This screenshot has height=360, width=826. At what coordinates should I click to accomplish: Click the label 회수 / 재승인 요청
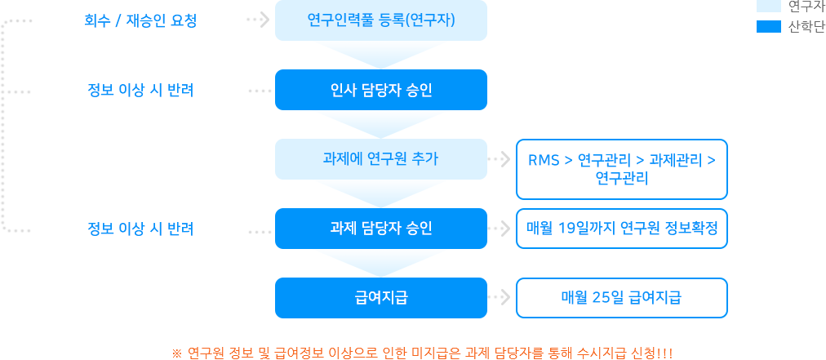click(x=140, y=20)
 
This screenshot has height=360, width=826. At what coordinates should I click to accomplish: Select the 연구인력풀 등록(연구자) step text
click(x=380, y=20)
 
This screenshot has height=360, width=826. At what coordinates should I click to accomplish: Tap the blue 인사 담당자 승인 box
click(x=380, y=89)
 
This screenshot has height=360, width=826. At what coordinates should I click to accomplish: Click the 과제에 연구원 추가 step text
click(x=380, y=158)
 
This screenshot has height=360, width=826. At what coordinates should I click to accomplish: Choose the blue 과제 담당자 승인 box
click(x=380, y=228)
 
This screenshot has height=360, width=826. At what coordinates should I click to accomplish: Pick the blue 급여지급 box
click(x=380, y=297)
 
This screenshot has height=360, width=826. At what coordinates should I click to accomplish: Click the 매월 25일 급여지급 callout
click(x=620, y=297)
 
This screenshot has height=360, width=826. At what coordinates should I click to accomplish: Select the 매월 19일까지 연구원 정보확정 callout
click(x=620, y=228)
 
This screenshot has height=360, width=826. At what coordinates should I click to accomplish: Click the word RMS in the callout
click(x=543, y=159)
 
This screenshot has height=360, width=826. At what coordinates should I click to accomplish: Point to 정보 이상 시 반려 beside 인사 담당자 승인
click(x=140, y=89)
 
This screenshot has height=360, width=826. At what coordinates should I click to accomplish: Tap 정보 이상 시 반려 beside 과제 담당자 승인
click(x=140, y=228)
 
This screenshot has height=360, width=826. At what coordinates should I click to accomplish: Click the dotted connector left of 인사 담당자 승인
click(x=260, y=90)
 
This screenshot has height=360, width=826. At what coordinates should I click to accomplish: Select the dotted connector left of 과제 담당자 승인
click(x=260, y=231)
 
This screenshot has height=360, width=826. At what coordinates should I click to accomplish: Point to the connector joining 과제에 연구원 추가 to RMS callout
click(x=501, y=161)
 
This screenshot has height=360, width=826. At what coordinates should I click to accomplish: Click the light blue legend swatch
click(x=769, y=6)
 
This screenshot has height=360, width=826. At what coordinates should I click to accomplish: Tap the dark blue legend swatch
click(x=769, y=26)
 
